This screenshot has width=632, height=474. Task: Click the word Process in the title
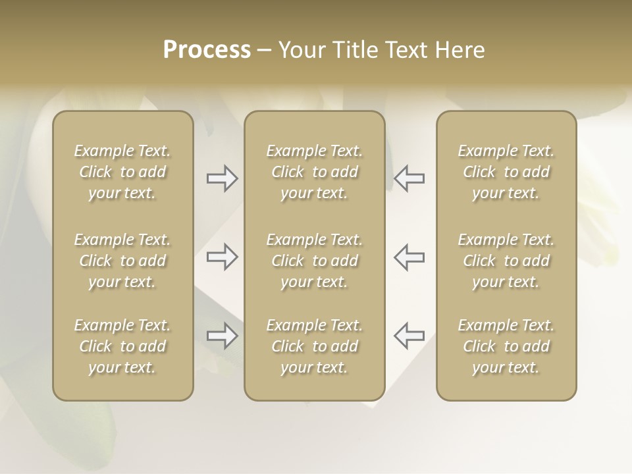(207, 50)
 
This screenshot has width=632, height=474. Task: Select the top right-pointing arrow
(223, 178)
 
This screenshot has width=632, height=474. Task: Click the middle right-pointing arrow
(223, 257)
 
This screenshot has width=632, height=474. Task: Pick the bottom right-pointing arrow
(223, 336)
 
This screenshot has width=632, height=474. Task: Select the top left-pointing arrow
(409, 178)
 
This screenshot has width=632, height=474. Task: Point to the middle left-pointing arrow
(409, 257)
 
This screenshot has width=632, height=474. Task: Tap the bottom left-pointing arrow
(409, 336)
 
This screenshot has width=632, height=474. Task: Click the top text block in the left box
(122, 172)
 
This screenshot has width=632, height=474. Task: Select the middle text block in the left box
(122, 261)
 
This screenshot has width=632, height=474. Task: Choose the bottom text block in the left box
(122, 346)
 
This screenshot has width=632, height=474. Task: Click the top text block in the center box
(315, 172)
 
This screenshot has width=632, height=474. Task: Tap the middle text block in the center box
(315, 261)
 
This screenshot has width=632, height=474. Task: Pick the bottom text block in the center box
(315, 346)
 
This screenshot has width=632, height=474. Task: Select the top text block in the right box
(506, 172)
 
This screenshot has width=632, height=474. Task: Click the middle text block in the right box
(506, 261)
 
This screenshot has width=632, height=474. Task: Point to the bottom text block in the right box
(506, 346)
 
